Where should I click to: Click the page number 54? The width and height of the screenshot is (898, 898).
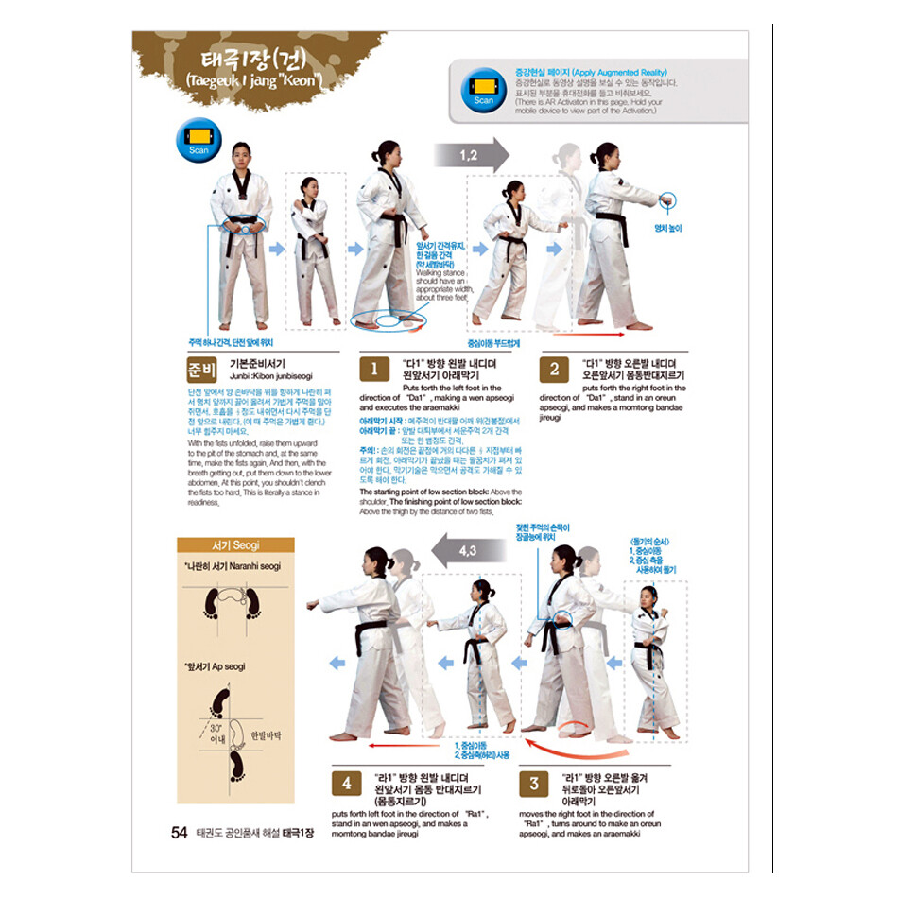click(179, 833)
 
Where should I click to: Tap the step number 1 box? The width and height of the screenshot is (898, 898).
click(374, 369)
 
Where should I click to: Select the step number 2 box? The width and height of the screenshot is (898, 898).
click(554, 369)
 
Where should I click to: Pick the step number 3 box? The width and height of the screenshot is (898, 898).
click(534, 783)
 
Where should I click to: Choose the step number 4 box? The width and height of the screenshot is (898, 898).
click(346, 783)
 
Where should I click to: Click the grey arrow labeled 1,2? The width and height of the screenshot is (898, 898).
click(471, 153)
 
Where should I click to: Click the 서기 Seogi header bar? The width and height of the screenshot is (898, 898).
click(235, 545)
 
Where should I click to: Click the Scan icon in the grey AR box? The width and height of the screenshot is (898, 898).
click(483, 92)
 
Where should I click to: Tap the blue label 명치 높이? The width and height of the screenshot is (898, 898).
click(668, 228)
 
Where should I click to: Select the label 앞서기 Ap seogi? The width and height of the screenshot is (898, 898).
click(215, 666)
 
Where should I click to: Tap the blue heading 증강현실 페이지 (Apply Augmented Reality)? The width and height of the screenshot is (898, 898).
click(590, 72)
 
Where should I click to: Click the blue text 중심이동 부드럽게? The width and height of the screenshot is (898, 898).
click(495, 344)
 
